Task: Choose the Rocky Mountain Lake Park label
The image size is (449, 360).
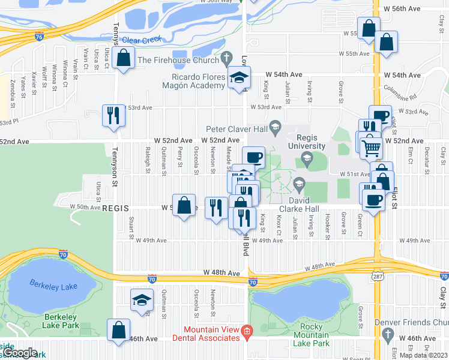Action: (x=312, y=340)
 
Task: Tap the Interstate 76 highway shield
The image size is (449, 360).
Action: (x=38, y=36)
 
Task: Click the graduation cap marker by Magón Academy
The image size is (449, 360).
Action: (x=238, y=77)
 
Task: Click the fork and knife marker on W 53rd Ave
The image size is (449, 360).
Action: (x=113, y=115)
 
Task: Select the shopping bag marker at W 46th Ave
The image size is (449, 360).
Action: (x=119, y=329)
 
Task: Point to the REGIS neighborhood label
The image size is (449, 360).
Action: (x=117, y=208)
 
